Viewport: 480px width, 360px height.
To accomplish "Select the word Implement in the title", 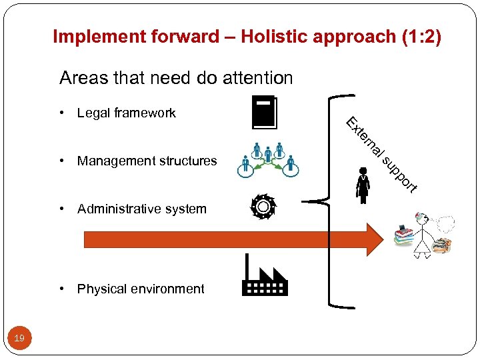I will pyautogui.click(x=91, y=37).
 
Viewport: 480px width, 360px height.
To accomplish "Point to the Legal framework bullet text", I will pyautogui.click(x=126, y=113).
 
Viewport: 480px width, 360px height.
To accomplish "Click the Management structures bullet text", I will pyautogui.click(x=147, y=161).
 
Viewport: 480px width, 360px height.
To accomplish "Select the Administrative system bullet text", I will pyautogui.click(x=141, y=209).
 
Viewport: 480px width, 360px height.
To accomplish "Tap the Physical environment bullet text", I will pyautogui.click(x=141, y=289).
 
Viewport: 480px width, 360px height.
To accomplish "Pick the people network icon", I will pyautogui.click(x=267, y=161).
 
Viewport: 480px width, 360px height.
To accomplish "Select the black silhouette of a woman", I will pyautogui.click(x=363, y=185).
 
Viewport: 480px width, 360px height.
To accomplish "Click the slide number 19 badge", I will pyautogui.click(x=19, y=339).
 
